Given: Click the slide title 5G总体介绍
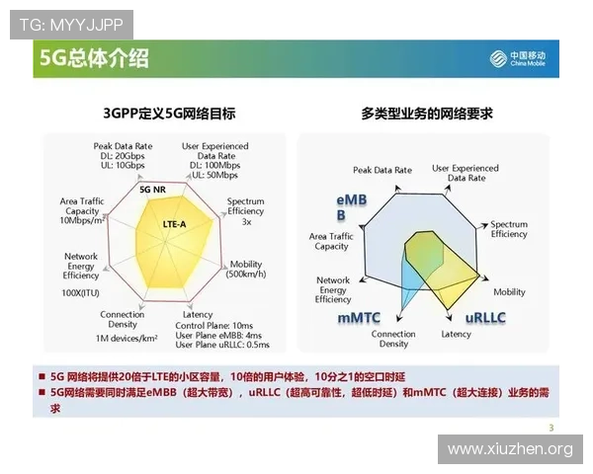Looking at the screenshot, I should [95, 59].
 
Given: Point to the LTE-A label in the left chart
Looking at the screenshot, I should [174, 224].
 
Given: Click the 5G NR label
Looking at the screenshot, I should [152, 189].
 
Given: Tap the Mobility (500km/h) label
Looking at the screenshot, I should [245, 270].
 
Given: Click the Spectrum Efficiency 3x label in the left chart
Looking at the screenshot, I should [246, 210].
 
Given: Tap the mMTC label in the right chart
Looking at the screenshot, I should [359, 318].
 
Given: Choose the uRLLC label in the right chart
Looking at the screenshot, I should [486, 318].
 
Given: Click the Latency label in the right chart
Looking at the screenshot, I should [456, 334].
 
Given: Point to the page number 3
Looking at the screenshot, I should [551, 427].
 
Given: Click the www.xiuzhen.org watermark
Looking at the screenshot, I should [510, 449].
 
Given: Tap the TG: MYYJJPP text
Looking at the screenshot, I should [69, 21].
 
